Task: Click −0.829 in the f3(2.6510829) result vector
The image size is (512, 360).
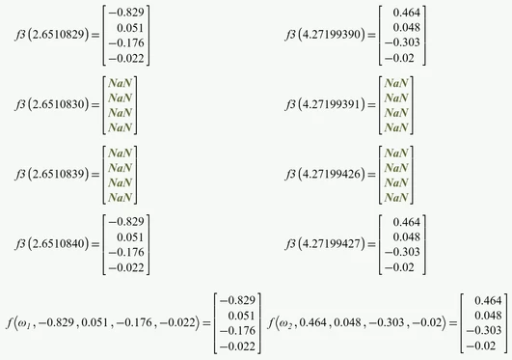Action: point(131,13)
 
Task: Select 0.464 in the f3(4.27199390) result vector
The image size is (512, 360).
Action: point(410,13)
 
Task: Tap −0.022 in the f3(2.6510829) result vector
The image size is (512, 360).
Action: point(131,59)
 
